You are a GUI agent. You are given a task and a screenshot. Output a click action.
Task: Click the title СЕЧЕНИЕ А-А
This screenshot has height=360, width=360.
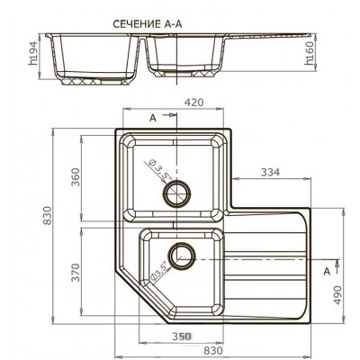pyautogui.click(x=148, y=24)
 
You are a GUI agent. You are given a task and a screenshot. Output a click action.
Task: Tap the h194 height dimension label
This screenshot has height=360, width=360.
pyautogui.click(x=32, y=53)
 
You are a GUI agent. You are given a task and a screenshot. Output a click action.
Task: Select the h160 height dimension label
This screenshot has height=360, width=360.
pyautogui.click(x=309, y=53)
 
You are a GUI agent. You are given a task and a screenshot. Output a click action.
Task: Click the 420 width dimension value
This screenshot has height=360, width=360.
pyautogui.click(x=193, y=103)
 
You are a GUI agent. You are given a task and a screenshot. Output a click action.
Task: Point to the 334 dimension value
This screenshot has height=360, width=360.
pyautogui.click(x=270, y=172)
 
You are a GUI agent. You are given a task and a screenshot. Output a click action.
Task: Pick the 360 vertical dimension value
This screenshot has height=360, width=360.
pyautogui.click(x=76, y=177)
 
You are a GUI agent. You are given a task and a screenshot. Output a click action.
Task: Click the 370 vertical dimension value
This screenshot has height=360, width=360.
pyautogui.click(x=76, y=273)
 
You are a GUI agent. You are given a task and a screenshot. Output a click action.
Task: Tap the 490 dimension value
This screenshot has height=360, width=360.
pyautogui.click(x=337, y=295)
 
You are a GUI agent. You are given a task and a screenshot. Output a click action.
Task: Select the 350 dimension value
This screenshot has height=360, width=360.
pyautogui.click(x=182, y=337)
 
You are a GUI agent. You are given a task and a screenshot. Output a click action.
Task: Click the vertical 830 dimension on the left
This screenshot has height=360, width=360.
pyautogui.click(x=47, y=215)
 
